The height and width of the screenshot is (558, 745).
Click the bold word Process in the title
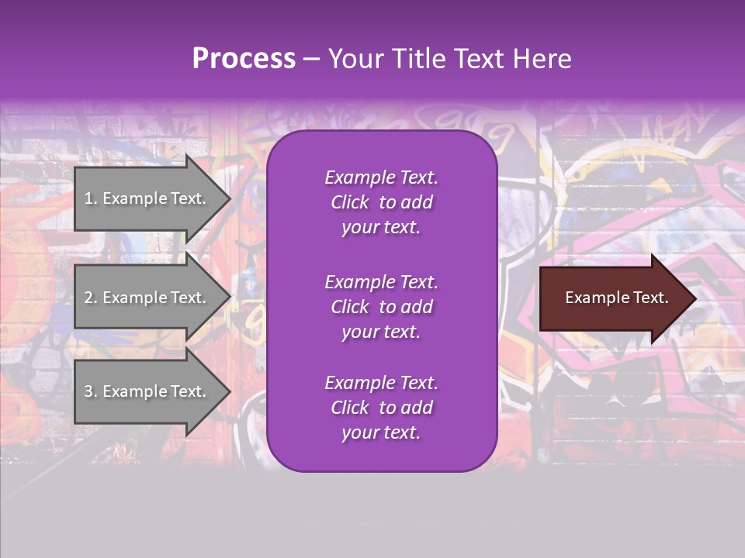coord(244,59)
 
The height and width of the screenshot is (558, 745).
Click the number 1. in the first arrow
coord(91,198)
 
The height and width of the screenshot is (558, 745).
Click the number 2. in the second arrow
coord(91,298)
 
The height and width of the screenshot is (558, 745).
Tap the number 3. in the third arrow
coord(91,391)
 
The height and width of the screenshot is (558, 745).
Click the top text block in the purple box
coord(381,202)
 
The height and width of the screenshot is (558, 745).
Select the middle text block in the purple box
coord(381,307)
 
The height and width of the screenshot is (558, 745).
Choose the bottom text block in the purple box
coord(381,408)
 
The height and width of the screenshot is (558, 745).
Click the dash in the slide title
coord(311,60)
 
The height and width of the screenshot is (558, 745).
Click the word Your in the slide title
coord(354,59)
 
